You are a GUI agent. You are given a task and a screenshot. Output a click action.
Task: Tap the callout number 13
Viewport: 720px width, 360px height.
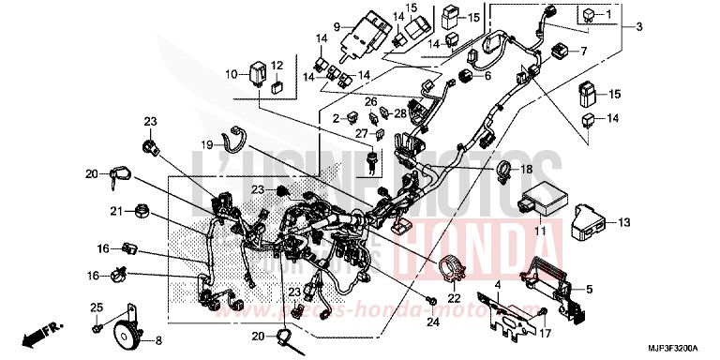point(622,222)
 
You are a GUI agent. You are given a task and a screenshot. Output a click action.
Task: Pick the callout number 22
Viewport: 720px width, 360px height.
point(454,298)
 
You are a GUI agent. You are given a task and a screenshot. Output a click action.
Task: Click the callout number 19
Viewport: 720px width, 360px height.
point(207,144)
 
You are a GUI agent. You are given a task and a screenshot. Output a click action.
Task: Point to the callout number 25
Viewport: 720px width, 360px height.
point(96,308)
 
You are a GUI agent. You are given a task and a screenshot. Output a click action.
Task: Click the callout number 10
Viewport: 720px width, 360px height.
point(231,73)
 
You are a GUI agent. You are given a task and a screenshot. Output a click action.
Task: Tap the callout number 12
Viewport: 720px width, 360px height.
point(277,66)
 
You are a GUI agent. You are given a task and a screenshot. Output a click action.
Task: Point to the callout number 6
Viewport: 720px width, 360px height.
point(487,76)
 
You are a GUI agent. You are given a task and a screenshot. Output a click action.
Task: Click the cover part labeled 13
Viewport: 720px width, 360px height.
point(582,222)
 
